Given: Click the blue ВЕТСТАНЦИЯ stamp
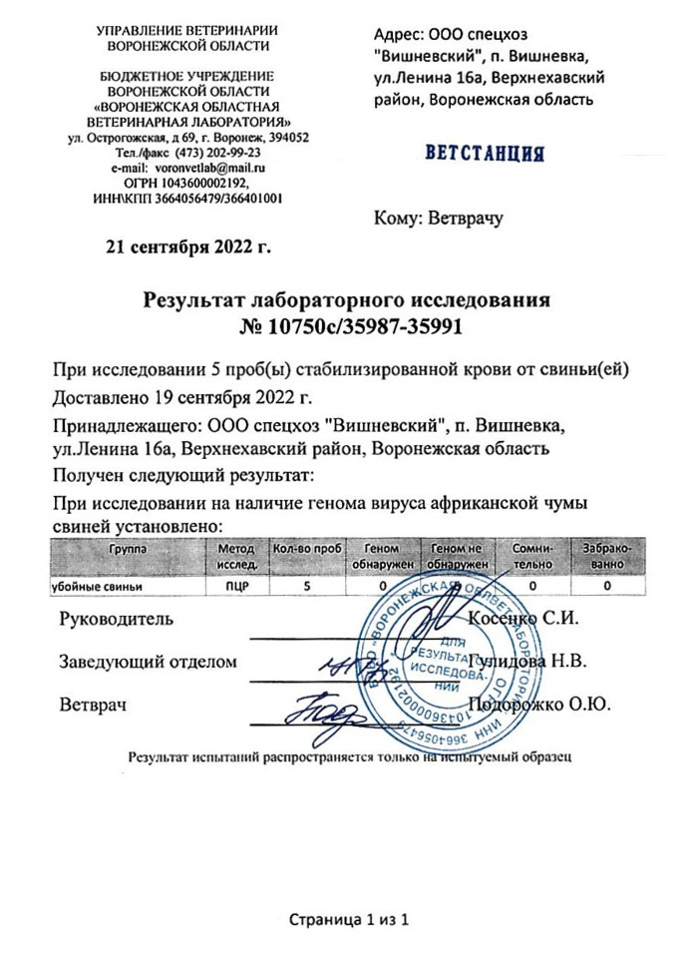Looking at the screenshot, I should tap(485, 155).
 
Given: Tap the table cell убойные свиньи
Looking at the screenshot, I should tap(89, 587).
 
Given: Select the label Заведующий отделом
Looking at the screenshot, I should tap(149, 662).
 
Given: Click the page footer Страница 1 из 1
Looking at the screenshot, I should tap(349, 918).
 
